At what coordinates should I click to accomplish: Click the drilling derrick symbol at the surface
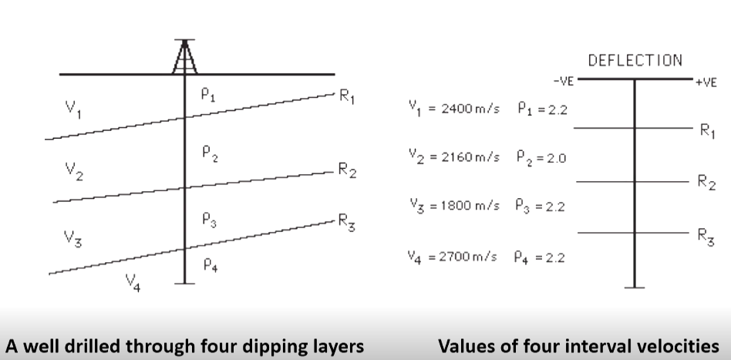(184, 58)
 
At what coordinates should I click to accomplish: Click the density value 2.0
(557, 158)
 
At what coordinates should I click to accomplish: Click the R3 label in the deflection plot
(705, 236)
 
